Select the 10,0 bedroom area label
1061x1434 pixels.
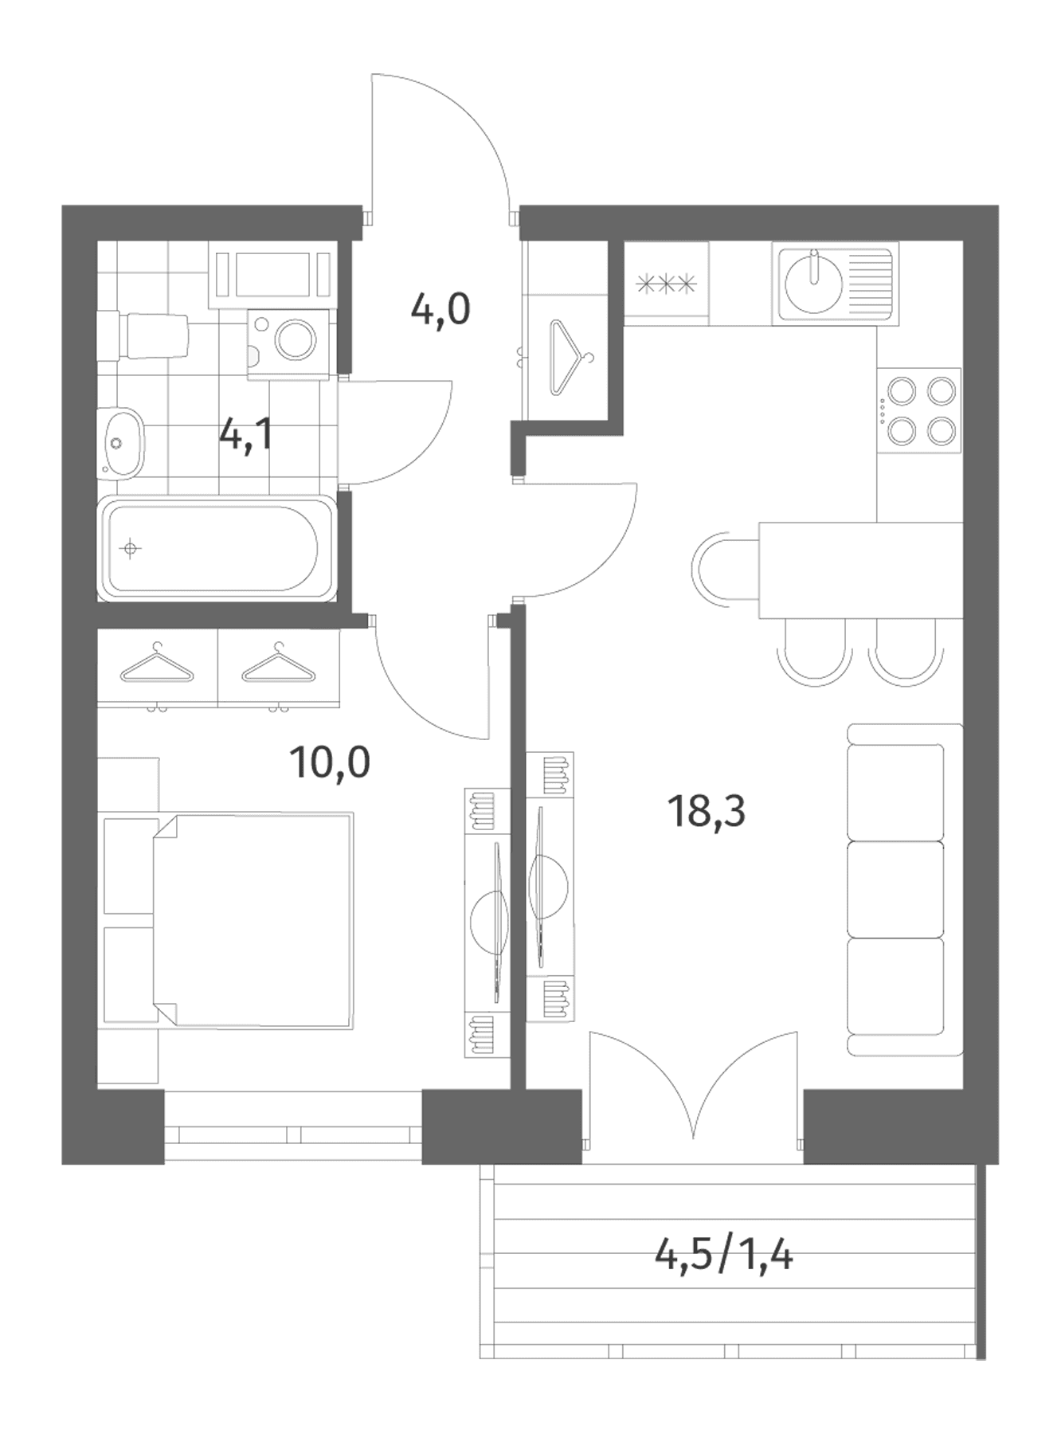click(x=330, y=762)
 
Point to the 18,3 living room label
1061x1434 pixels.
click(x=707, y=812)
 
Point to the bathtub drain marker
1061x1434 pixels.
click(x=129, y=548)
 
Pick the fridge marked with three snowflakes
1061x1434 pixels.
click(x=667, y=283)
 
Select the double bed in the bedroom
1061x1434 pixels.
click(x=253, y=920)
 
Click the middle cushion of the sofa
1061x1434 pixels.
click(x=895, y=889)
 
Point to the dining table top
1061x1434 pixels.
click(x=861, y=570)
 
